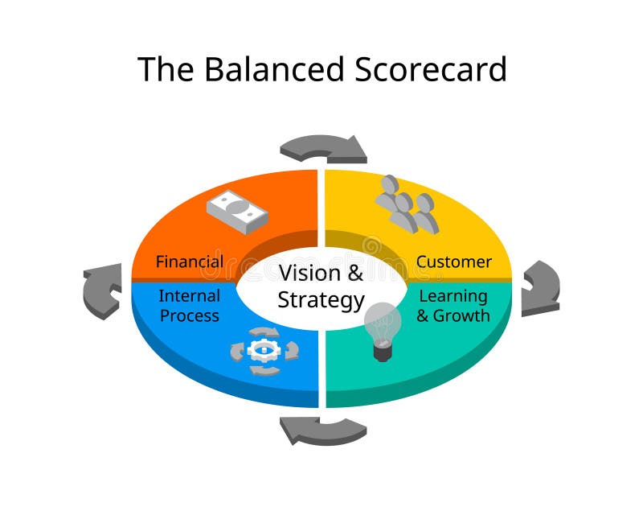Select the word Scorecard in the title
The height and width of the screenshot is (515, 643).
[x=425, y=69]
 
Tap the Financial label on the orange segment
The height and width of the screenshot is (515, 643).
[x=190, y=262]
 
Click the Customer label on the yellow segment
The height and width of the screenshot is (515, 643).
[x=453, y=262]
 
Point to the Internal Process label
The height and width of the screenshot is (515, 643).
[x=190, y=306]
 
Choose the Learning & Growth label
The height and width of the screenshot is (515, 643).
[x=453, y=306]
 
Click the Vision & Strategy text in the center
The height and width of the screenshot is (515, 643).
[x=321, y=286]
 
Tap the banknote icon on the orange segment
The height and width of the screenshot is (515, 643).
[x=237, y=211]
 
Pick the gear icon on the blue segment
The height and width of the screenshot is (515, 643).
[x=264, y=350]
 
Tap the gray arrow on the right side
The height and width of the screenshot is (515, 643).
[x=539, y=287]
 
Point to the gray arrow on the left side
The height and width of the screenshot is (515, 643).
[x=102, y=290]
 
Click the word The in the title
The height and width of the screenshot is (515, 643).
[x=166, y=69]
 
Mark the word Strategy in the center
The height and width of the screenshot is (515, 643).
[x=321, y=300]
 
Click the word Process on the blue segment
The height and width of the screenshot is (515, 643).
[x=190, y=315]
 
